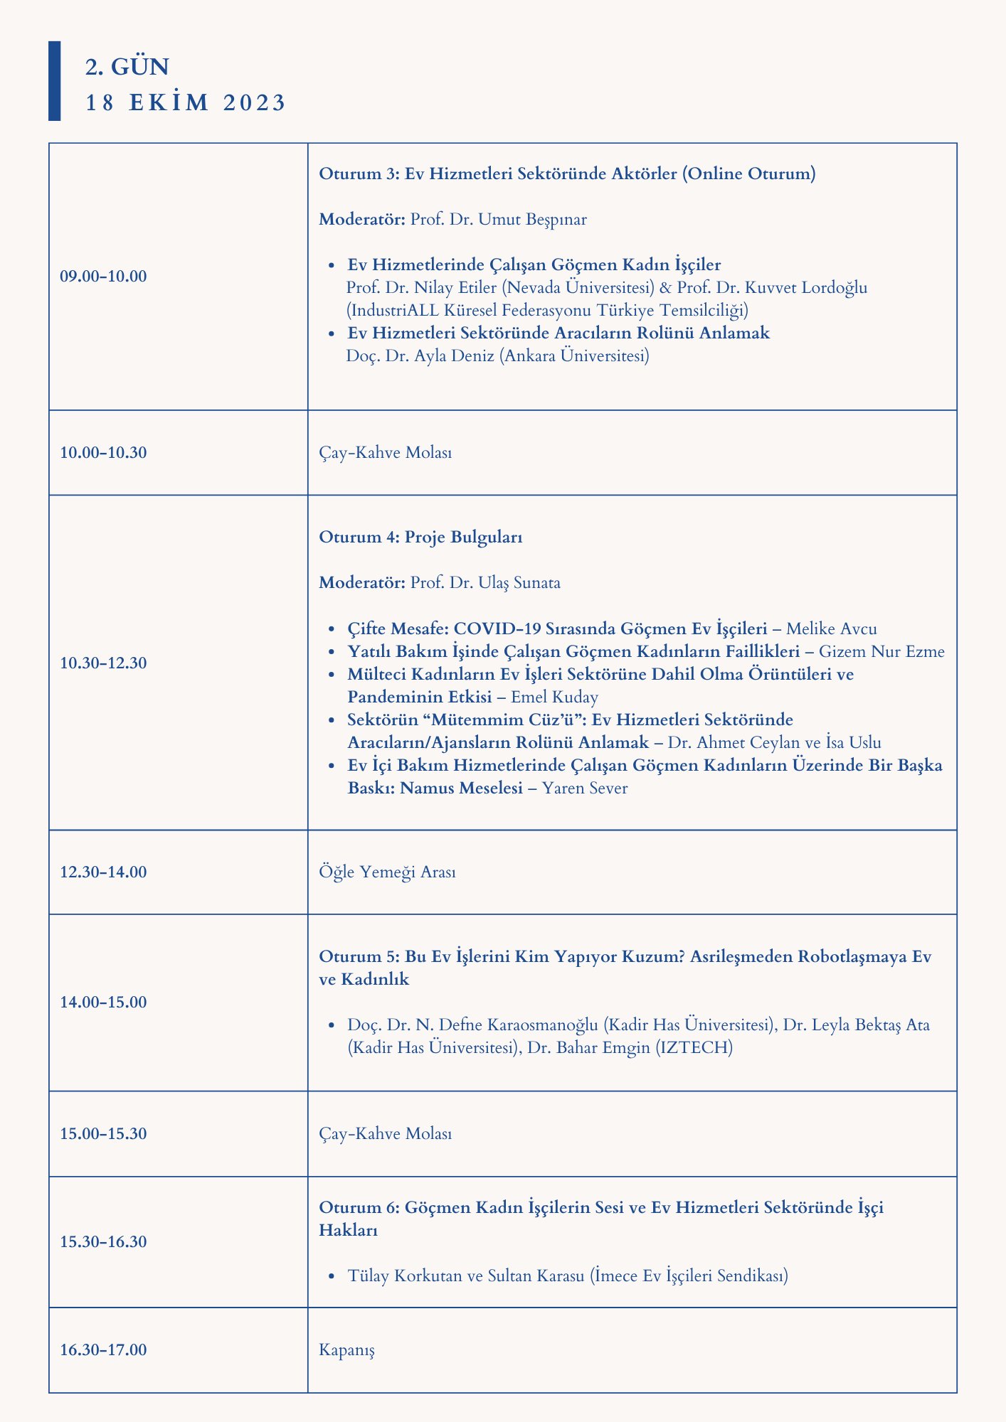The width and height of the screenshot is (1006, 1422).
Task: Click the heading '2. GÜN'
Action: click(127, 66)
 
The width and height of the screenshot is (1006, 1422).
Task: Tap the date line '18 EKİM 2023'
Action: click(185, 102)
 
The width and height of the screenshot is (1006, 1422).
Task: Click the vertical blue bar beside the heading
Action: click(54, 80)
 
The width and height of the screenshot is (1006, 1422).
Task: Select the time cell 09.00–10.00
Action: click(104, 276)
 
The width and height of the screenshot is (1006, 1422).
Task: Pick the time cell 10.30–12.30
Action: click(104, 663)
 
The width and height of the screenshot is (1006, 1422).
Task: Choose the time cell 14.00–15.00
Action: click(104, 1003)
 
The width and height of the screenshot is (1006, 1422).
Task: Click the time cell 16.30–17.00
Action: click(104, 1349)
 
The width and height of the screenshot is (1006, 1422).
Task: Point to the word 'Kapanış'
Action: click(347, 1349)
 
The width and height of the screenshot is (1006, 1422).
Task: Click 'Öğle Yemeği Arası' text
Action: click(388, 872)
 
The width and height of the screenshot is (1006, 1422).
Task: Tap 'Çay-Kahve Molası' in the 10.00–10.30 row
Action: click(386, 452)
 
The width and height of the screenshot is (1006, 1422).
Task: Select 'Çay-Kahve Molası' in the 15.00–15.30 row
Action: click(386, 1133)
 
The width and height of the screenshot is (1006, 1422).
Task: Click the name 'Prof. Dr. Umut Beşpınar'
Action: click(498, 219)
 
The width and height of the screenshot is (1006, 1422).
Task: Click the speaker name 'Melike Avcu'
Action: click(832, 629)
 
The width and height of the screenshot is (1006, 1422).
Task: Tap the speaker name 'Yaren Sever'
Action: click(585, 788)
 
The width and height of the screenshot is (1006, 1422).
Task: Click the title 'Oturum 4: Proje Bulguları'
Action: click(420, 538)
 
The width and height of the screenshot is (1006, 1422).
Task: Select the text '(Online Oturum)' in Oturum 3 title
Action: click(748, 173)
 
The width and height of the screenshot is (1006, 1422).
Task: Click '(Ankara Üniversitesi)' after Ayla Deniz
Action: click(574, 355)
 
